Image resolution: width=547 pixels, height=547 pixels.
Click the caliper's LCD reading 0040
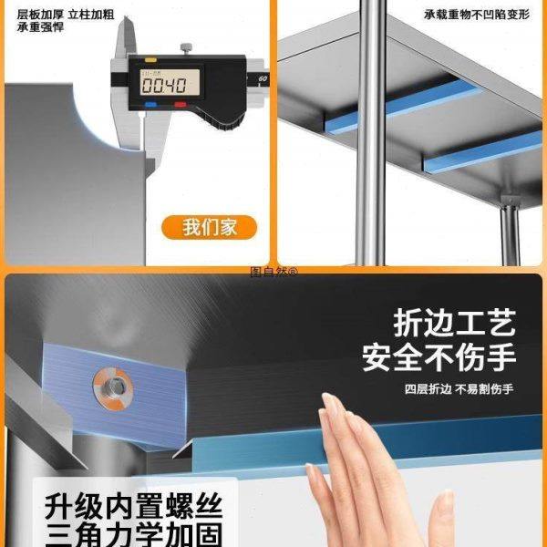tap(164, 85)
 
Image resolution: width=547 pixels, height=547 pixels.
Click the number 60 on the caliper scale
tap(263, 79)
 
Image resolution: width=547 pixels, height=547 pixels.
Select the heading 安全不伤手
tap(439, 356)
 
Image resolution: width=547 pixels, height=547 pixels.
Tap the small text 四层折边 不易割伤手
tap(459, 389)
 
